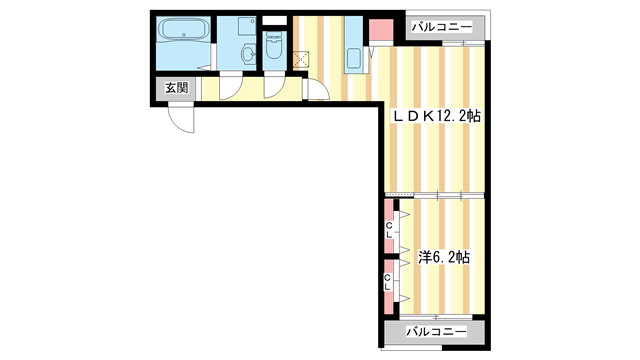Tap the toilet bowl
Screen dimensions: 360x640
(273, 50)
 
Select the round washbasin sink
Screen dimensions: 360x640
(246, 56)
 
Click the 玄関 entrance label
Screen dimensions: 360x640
(176, 89)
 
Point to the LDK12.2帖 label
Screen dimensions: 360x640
(437, 117)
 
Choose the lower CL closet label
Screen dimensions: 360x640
(389, 281)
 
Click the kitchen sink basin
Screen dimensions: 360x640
(352, 57)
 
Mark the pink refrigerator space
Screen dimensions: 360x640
(381, 31)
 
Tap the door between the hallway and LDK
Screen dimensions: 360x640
(318, 92)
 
